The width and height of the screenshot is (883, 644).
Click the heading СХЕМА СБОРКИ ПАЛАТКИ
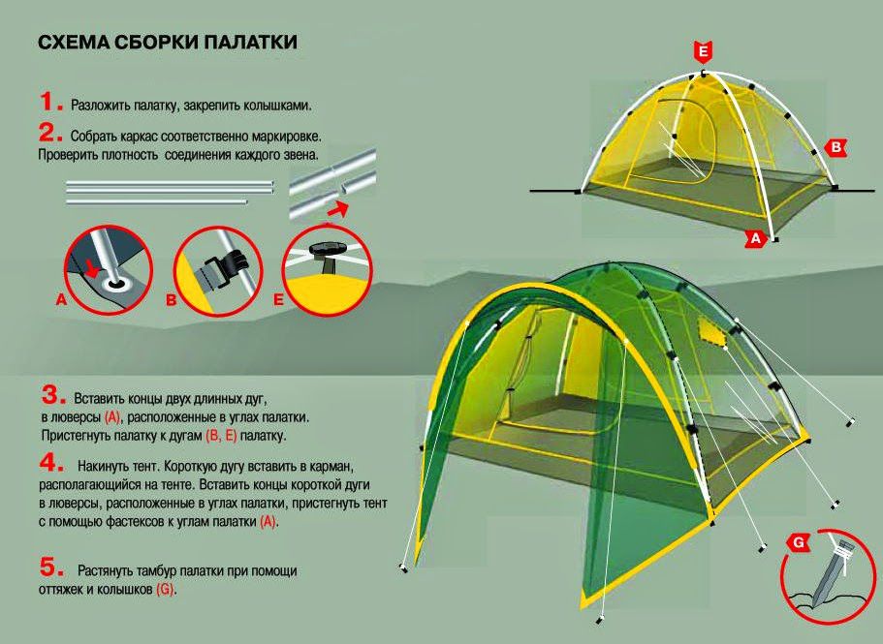[168, 43]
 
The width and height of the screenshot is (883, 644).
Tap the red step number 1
[47, 103]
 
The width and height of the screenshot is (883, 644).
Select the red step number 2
[50, 133]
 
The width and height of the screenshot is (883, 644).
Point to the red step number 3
[53, 395]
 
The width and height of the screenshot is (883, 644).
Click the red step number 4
[51, 463]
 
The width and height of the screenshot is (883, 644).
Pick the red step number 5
[51, 567]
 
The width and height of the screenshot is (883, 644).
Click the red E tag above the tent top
[703, 52]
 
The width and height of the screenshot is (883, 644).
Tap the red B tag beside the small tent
[836, 147]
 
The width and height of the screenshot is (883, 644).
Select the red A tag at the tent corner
[755, 238]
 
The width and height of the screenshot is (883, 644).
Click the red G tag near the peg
[798, 543]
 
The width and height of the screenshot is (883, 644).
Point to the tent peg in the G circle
[831, 572]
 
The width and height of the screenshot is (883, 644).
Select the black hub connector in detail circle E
[327, 252]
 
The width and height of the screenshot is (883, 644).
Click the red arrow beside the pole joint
[337, 209]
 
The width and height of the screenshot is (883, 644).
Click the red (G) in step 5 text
[165, 590]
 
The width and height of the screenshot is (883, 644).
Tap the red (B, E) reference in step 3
[221, 436]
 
